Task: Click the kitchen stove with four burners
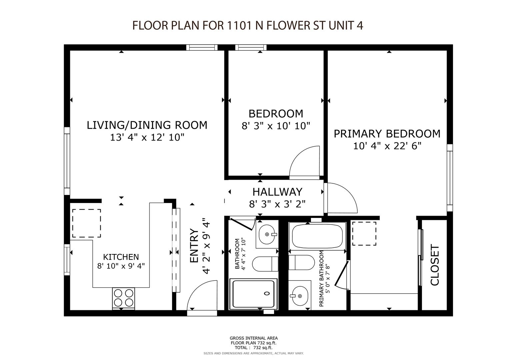(x=123, y=298)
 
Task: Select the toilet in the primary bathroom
(x=301, y=262)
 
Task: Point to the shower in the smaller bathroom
(x=253, y=294)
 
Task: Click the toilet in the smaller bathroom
(x=265, y=264)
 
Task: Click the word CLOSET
(x=435, y=265)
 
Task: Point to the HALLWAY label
(x=277, y=192)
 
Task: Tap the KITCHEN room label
(x=121, y=257)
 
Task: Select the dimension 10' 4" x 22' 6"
(x=387, y=146)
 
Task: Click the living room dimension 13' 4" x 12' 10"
(x=147, y=137)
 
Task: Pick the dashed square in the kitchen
(x=87, y=223)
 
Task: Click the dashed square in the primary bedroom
(x=364, y=234)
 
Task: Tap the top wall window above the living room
(x=202, y=47)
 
